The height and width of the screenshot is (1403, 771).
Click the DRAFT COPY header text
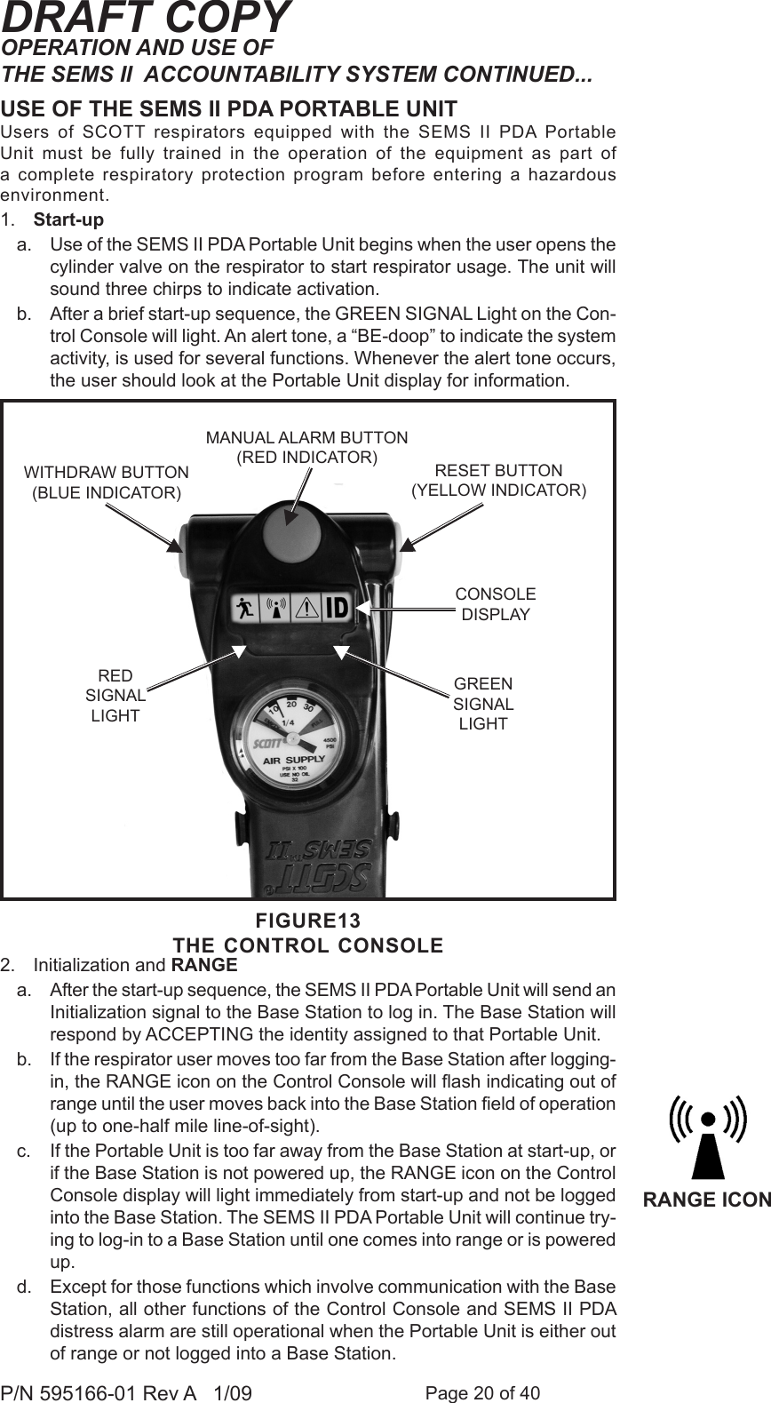coord(146,18)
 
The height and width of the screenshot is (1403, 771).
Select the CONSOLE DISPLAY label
coord(496,603)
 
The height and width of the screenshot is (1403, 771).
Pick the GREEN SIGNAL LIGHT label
coord(483,703)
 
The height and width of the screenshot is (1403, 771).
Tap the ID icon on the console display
coord(337,609)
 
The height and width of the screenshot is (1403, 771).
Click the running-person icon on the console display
coord(245,609)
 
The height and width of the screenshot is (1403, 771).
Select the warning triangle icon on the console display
coord(306,609)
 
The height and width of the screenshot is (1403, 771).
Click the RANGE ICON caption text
coord(706,1200)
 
